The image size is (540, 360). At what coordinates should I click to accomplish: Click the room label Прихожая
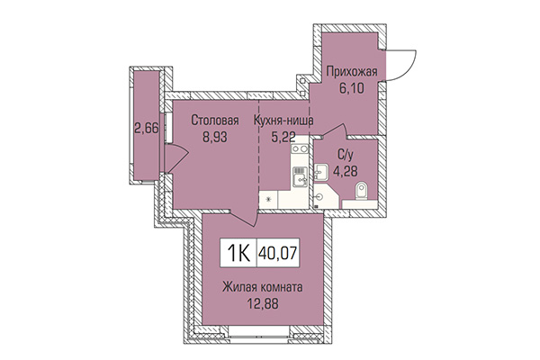coord(352,71)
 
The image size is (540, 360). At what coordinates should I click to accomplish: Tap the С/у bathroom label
coord(344,155)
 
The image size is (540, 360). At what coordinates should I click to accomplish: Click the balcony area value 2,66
coord(146,127)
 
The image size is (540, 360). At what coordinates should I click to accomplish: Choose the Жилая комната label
coord(263,288)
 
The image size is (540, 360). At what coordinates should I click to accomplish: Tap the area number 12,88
coord(263,304)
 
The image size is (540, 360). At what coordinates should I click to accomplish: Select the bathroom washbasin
coord(321,171)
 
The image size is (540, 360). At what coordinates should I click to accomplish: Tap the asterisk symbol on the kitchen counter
coord(267,199)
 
